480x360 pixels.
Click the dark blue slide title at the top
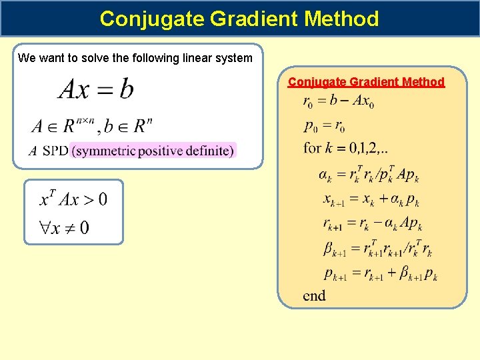[x=239, y=18]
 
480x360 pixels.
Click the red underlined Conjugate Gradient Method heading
[x=366, y=82]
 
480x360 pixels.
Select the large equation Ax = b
[x=96, y=89]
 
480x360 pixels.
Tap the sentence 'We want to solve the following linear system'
[x=135, y=58]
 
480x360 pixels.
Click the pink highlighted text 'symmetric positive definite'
[x=153, y=151]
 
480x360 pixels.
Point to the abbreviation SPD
[x=55, y=151]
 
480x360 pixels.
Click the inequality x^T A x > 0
[x=73, y=199]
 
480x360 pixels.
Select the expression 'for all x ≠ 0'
[x=64, y=228]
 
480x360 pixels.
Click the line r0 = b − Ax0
[x=338, y=102]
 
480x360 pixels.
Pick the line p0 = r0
[x=324, y=125]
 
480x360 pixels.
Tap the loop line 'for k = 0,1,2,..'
[x=347, y=147]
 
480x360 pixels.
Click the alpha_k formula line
[x=368, y=175]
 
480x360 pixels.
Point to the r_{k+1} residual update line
[x=373, y=224]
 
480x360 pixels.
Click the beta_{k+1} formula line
[x=377, y=249]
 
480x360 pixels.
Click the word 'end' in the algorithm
[x=314, y=295]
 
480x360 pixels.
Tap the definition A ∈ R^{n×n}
[x=63, y=125]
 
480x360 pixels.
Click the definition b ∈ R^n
[x=133, y=125]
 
